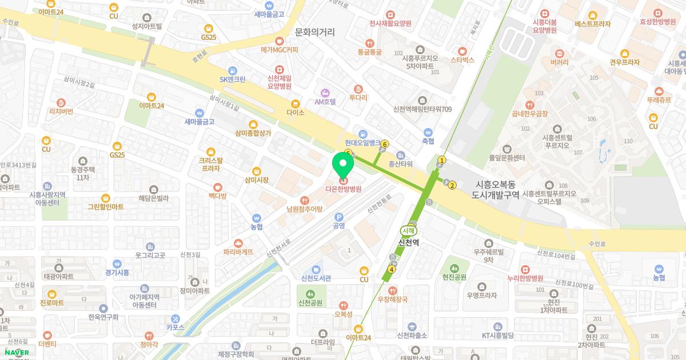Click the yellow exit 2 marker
(x=452, y=185)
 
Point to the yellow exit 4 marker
(x=392, y=269)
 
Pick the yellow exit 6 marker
(x=385, y=144)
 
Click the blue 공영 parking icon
(x=339, y=217)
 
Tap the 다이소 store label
(x=296, y=113)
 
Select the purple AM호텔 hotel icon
(x=325, y=93)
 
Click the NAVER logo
(x=17, y=352)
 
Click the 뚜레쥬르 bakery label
(x=659, y=99)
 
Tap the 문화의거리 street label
(x=314, y=33)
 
